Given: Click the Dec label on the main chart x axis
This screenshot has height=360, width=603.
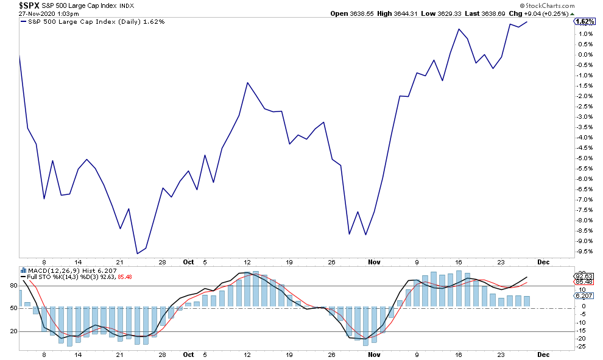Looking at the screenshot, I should (543, 261).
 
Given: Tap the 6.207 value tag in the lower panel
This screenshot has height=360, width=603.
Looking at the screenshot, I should (583, 295).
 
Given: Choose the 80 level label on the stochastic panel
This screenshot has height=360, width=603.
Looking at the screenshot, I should (12, 284).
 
